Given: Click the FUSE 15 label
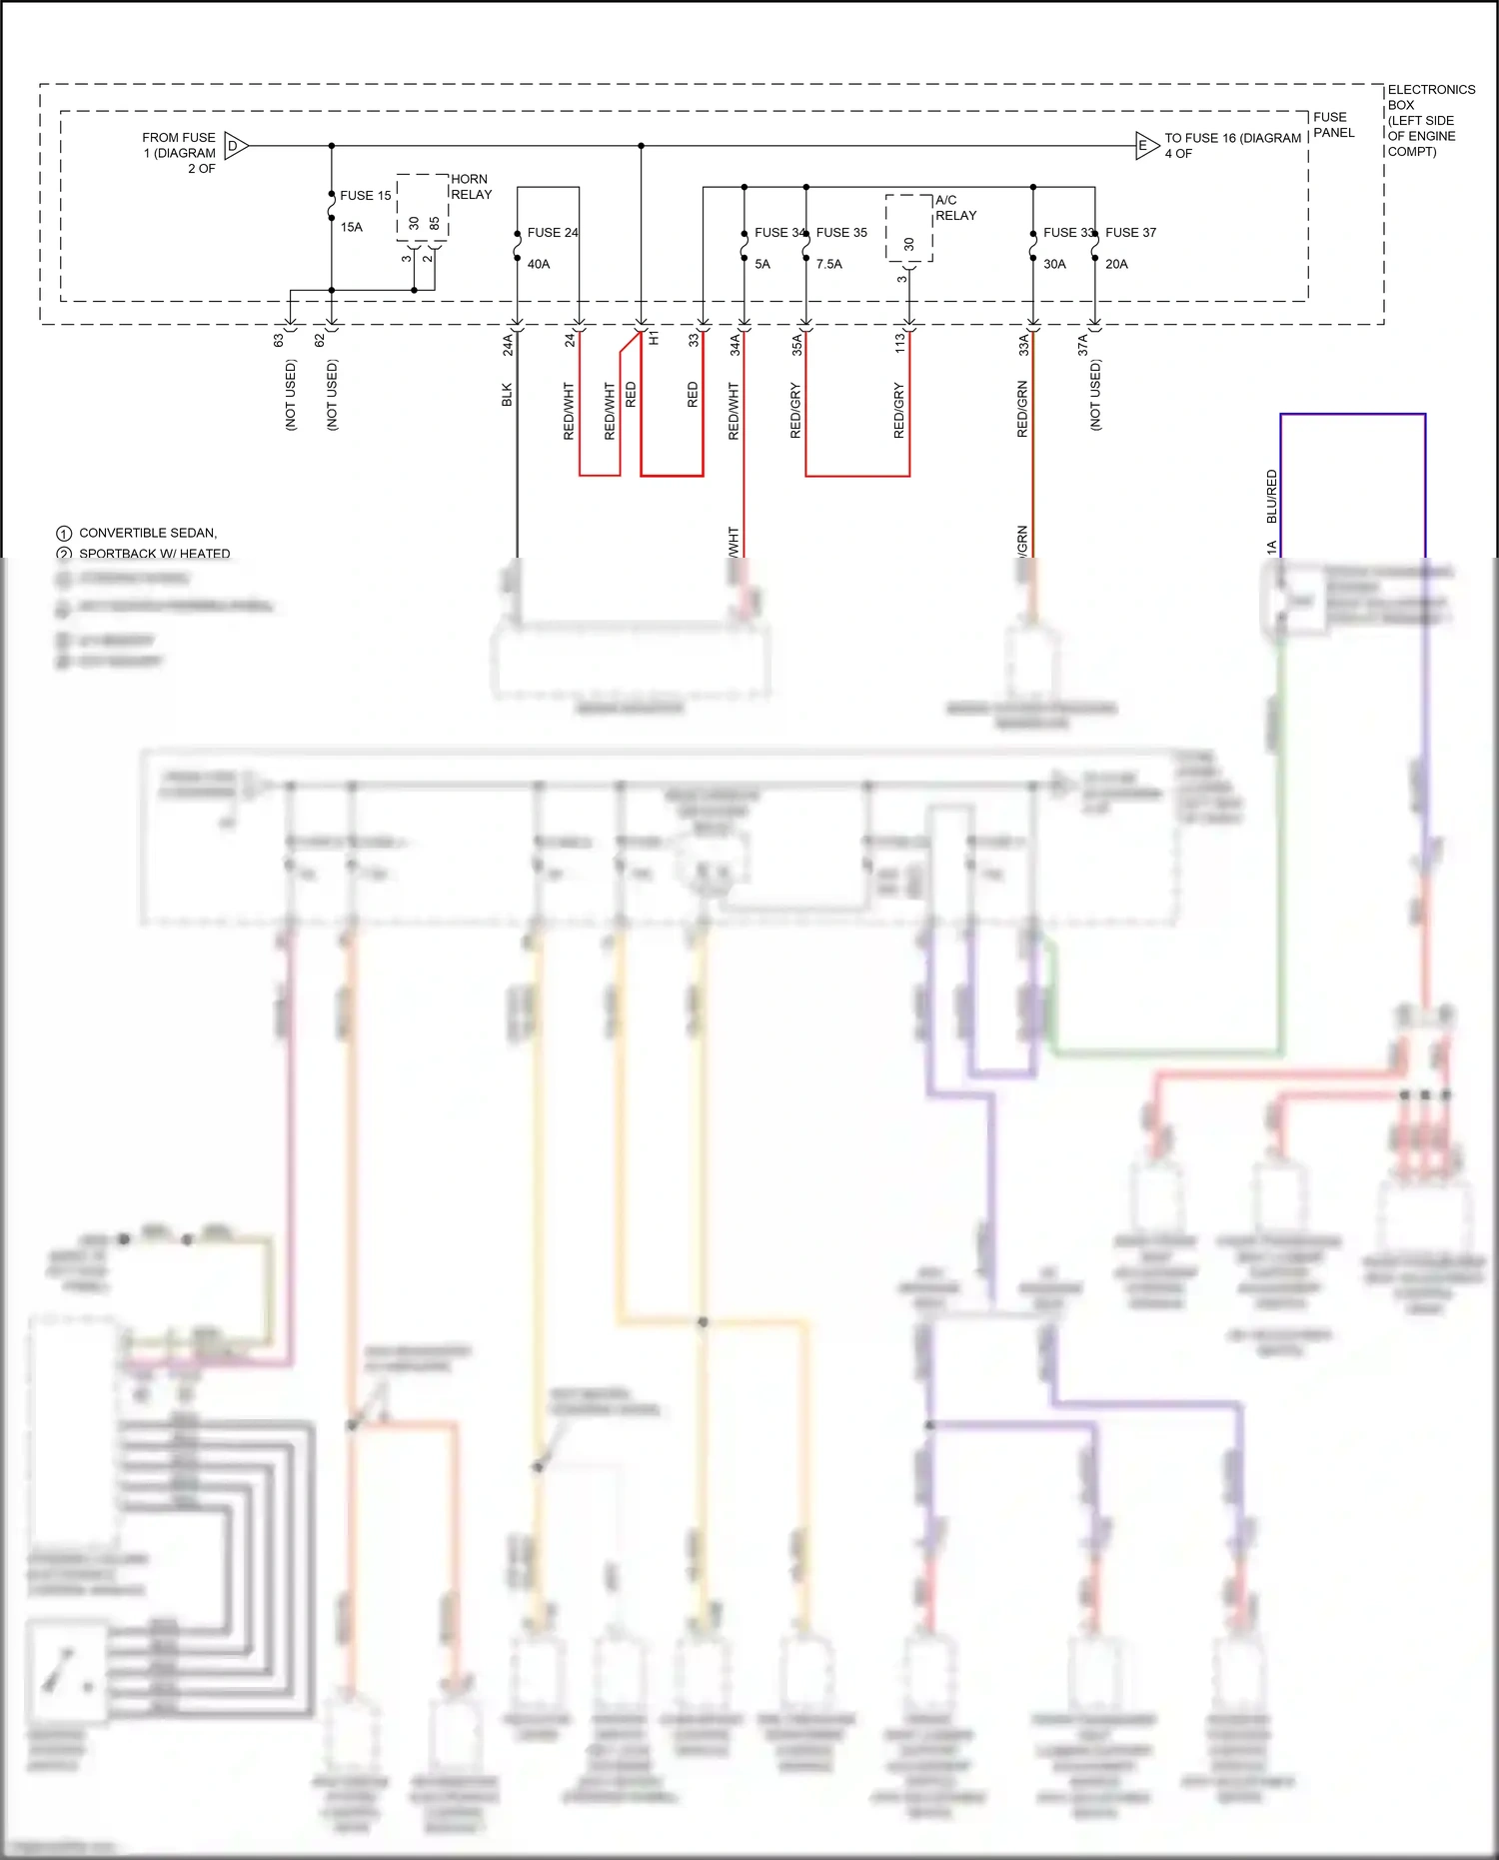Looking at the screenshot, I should click(x=365, y=196).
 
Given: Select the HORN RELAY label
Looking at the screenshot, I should click(x=471, y=187).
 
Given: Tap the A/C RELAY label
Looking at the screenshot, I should click(x=955, y=208).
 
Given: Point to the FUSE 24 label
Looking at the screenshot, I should click(x=553, y=233).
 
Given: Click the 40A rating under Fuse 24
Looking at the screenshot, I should click(x=539, y=265).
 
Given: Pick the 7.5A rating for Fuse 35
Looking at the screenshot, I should click(x=828, y=265).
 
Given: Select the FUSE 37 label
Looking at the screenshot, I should click(x=1130, y=233).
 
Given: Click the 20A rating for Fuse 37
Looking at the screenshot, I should click(x=1116, y=265).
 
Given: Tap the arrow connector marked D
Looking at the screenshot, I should click(x=235, y=146).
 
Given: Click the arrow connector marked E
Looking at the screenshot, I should click(x=1145, y=146).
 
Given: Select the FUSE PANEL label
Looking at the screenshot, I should click(x=1333, y=125).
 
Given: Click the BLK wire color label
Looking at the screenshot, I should click(x=507, y=395).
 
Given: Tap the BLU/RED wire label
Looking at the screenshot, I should click(x=1271, y=497).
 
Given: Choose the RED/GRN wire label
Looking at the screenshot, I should click(x=1022, y=409).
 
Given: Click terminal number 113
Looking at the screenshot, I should click(x=899, y=343).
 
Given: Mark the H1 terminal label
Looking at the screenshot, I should click(x=655, y=340).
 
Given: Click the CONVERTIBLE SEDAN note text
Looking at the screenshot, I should click(x=147, y=534).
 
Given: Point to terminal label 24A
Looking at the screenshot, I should click(x=508, y=345).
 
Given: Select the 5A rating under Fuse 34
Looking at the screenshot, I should click(x=762, y=265).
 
